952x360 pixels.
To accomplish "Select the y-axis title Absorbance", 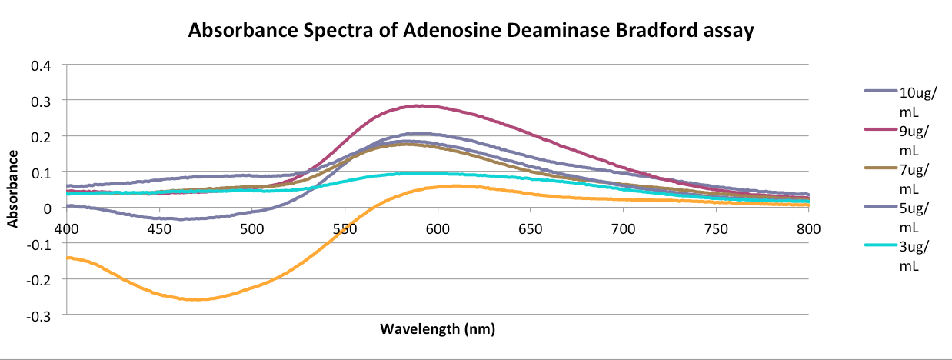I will click(x=13, y=188).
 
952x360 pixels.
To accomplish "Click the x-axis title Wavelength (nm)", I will click(x=438, y=329).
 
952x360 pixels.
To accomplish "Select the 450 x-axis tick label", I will click(x=159, y=228).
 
